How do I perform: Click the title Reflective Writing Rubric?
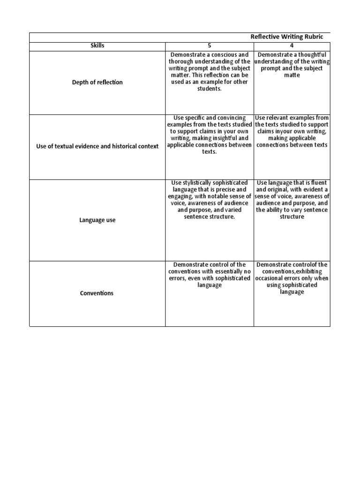(287, 37)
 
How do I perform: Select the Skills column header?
(97, 46)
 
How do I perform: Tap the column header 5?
(209, 46)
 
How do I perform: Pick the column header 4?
(292, 46)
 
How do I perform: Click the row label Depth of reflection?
(97, 82)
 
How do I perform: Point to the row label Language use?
(97, 220)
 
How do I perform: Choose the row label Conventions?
(97, 293)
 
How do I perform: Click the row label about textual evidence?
(97, 146)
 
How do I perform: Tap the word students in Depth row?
(209, 89)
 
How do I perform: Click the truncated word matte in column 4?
(292, 75)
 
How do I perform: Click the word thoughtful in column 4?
(313, 55)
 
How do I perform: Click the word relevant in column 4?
(281, 118)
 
